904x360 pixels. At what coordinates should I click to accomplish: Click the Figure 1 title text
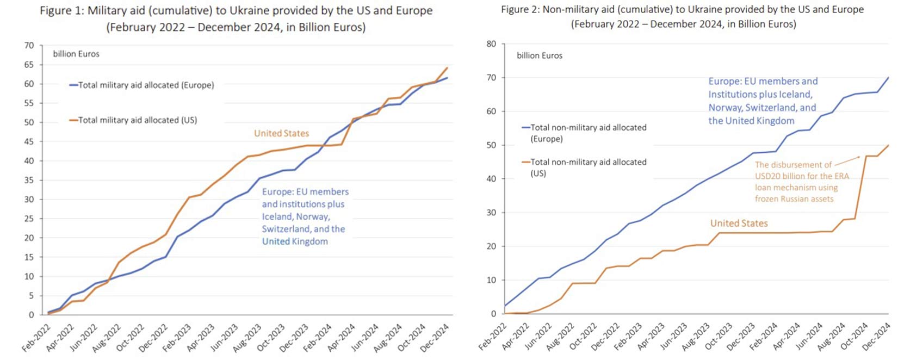coord(236,18)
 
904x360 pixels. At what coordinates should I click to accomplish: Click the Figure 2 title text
coord(682,16)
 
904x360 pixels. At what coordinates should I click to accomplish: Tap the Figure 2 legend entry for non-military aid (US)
coord(588,167)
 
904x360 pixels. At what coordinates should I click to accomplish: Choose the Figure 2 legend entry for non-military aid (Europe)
coord(588,133)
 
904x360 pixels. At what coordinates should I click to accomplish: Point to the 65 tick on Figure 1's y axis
coord(29,65)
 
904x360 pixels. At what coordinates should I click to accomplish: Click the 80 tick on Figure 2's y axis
coord(491,44)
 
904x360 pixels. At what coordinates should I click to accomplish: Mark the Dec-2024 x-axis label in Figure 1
coord(435,338)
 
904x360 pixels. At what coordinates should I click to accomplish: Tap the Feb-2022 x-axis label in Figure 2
coord(492,337)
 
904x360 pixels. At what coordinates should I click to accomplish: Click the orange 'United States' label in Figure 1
coord(281,133)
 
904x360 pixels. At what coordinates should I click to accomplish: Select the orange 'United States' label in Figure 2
coord(739,224)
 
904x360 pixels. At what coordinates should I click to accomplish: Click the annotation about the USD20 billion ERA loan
coord(801,182)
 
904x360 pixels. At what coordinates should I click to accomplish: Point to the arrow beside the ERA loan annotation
coord(847,160)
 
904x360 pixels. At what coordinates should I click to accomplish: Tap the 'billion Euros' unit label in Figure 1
coord(76,54)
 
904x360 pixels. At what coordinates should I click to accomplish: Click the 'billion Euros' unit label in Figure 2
coord(540,55)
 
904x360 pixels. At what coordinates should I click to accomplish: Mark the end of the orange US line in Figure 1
coord(447,68)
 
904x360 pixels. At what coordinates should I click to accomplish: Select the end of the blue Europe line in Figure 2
coord(888,77)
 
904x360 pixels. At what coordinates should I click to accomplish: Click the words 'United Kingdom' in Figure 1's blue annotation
coord(295,241)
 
